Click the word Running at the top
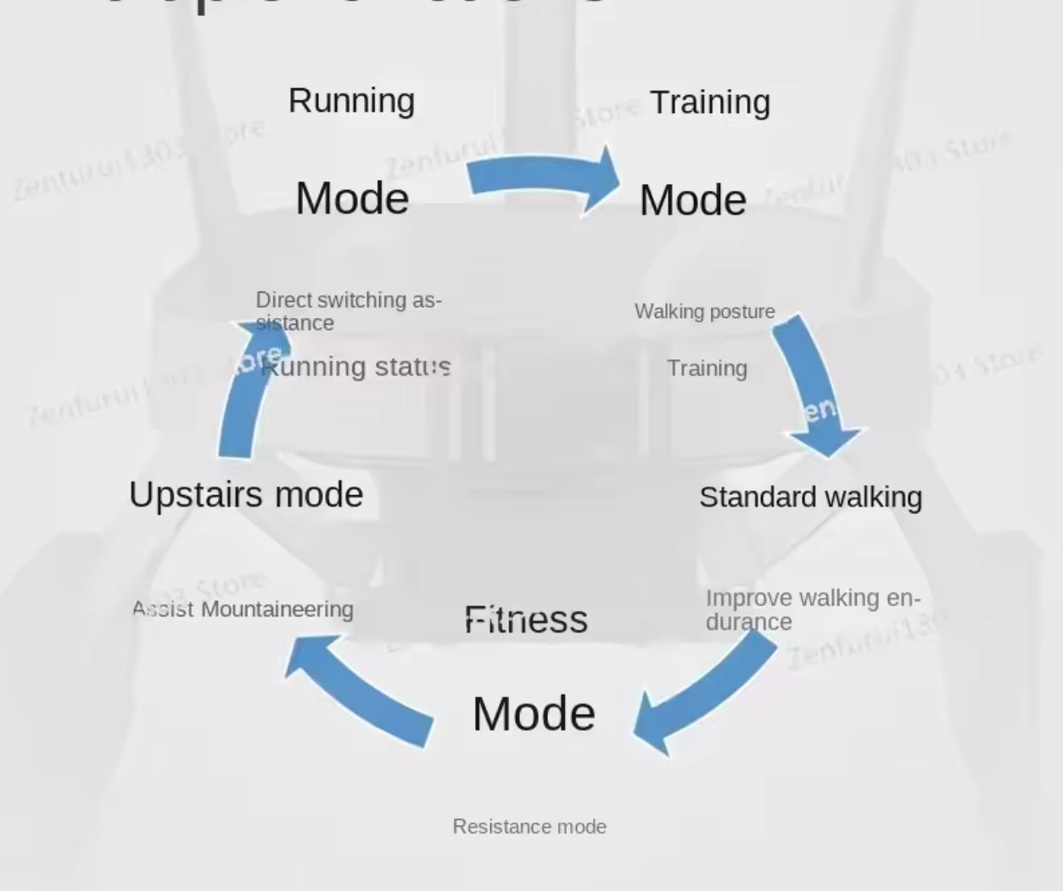351,101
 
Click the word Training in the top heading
710,103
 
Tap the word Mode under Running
352,198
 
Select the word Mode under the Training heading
692,201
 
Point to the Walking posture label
704,312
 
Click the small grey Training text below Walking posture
707,369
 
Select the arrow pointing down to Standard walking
814,381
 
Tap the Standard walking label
810,498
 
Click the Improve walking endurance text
812,610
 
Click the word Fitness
526,620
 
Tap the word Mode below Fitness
534,714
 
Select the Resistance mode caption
529,827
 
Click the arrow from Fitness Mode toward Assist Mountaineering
361,688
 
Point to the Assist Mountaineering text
243,610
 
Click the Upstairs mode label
246,494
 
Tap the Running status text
356,367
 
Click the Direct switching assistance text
348,311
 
